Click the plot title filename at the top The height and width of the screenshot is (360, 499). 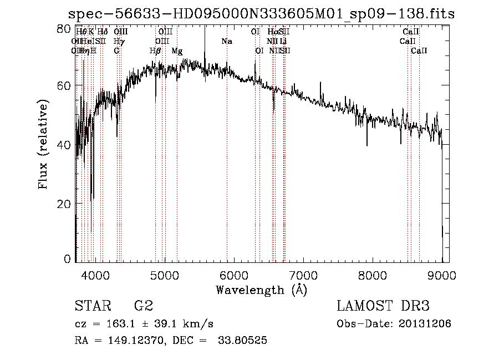(261, 14)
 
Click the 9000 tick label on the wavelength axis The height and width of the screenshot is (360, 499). (441, 275)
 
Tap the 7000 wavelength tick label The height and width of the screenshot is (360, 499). (303, 275)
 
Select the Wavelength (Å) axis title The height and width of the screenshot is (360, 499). (261, 290)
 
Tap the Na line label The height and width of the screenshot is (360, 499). (227, 41)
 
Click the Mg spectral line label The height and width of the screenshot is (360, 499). (177, 50)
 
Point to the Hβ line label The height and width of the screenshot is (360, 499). (155, 50)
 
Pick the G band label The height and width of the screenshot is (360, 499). (116, 50)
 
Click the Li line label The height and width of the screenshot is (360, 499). (283, 41)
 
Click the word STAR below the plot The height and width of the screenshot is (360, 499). (91, 306)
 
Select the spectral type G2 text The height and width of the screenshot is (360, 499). (143, 306)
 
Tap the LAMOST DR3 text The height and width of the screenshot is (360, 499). (383, 306)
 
